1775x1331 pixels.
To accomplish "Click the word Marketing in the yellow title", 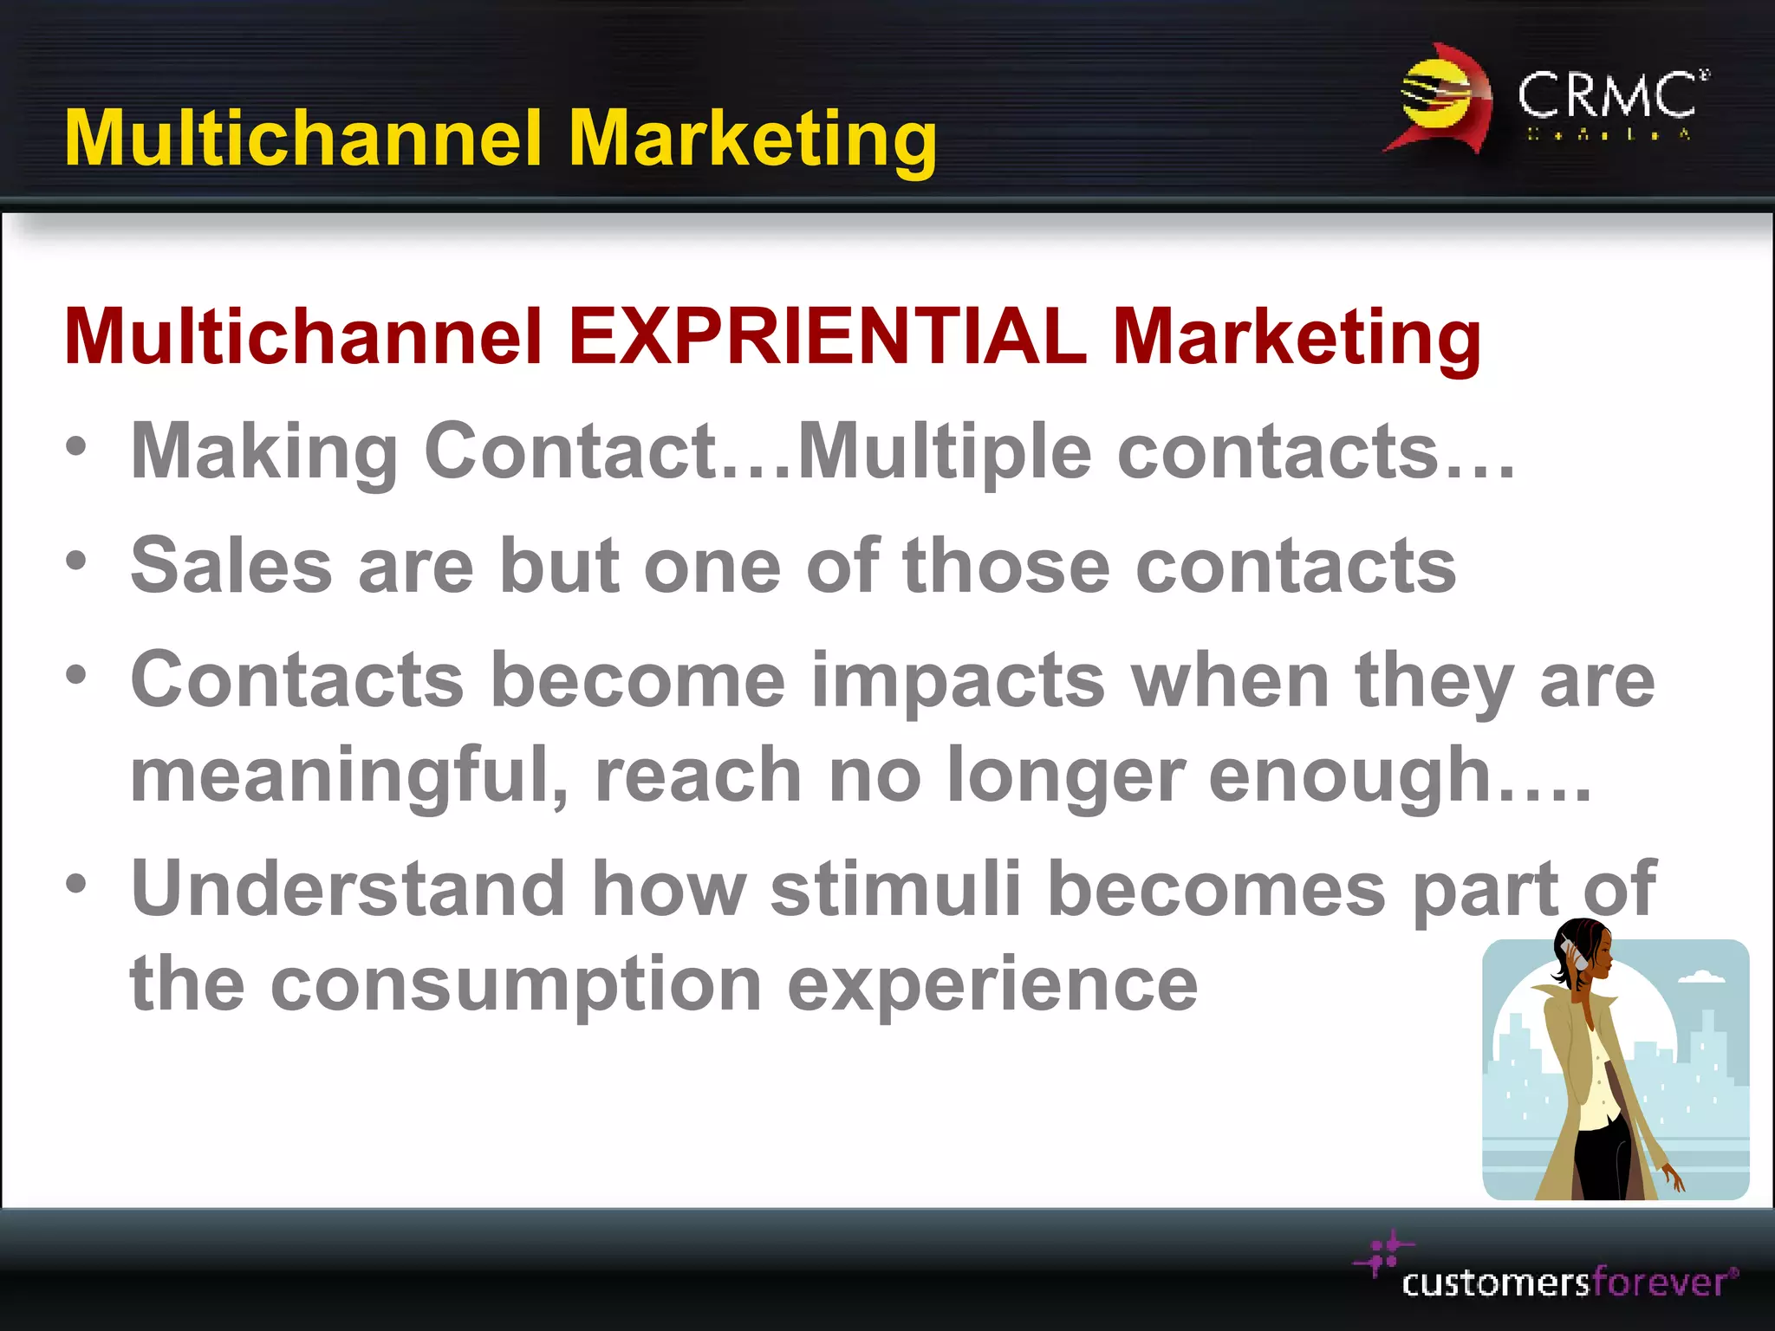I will (752, 139).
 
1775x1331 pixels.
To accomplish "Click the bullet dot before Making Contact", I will (76, 447).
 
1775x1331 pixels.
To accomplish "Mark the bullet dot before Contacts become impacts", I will (76, 674).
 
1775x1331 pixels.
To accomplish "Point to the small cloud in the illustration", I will (1701, 977).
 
